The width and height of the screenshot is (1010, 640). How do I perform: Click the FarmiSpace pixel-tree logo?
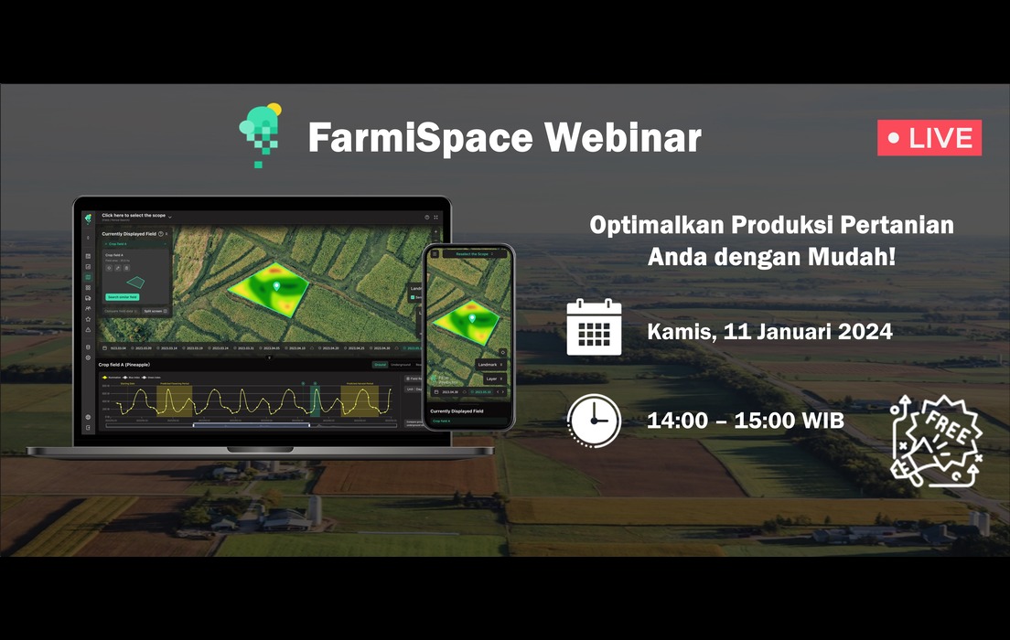click(259, 135)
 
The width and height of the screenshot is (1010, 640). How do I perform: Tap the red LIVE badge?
click(929, 138)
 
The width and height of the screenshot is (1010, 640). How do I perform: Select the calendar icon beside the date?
click(594, 327)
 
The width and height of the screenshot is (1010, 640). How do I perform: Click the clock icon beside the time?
click(594, 421)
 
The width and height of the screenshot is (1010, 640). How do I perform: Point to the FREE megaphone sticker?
click(936, 440)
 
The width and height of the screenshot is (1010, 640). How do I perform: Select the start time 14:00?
click(675, 421)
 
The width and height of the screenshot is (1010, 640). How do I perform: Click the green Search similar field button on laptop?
click(123, 297)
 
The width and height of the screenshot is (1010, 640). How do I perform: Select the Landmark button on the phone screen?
click(490, 365)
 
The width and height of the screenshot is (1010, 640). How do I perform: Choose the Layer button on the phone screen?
click(493, 379)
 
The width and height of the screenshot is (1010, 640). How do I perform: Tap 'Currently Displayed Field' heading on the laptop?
click(128, 234)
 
